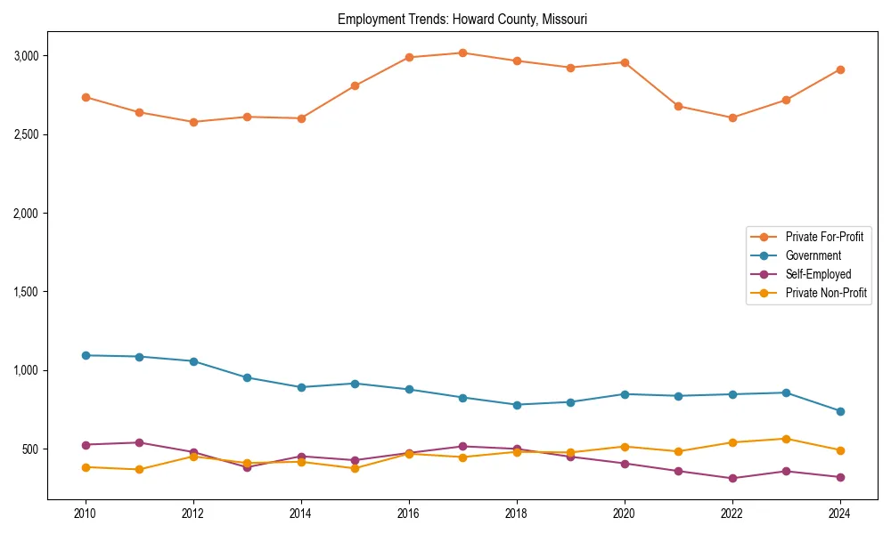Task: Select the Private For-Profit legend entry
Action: coord(824,237)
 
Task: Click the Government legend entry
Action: coord(813,255)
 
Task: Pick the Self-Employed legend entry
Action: coord(818,274)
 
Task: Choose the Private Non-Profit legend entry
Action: coord(826,293)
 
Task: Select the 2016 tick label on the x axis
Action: coord(408,514)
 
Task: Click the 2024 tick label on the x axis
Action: coord(839,514)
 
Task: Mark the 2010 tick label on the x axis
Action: coord(86,514)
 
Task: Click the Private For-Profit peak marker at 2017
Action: coord(462,53)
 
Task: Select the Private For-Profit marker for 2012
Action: coord(193,122)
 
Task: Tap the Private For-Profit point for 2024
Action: coord(839,69)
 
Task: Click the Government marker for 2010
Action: coord(86,355)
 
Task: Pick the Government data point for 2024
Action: coord(839,411)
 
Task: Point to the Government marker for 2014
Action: coord(301,387)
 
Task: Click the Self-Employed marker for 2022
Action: coord(732,478)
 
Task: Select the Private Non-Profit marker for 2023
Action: coord(786,439)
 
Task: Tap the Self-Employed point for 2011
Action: coord(140,442)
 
